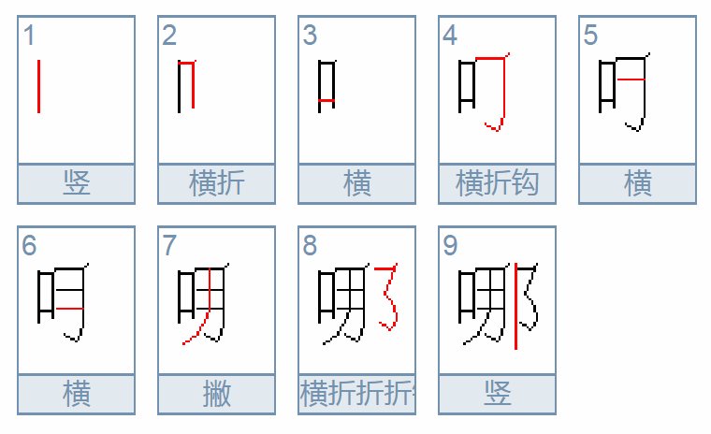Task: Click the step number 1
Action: [x=29, y=36]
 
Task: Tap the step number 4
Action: [x=450, y=36]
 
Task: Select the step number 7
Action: [x=169, y=247]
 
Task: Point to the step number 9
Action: [x=450, y=247]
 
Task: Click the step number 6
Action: [x=29, y=247]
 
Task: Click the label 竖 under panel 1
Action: [x=76, y=183]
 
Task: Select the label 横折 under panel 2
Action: [x=216, y=183]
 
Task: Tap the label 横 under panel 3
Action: [x=356, y=183]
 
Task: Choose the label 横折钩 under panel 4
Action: [x=497, y=183]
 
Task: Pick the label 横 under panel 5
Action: [x=637, y=183]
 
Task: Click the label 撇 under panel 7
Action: [x=216, y=394]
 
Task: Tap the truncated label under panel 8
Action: [x=356, y=394]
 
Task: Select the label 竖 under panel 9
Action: [x=497, y=394]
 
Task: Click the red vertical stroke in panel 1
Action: [x=38, y=86]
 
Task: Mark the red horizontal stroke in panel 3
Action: [x=326, y=100]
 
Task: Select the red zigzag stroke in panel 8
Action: [x=387, y=297]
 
